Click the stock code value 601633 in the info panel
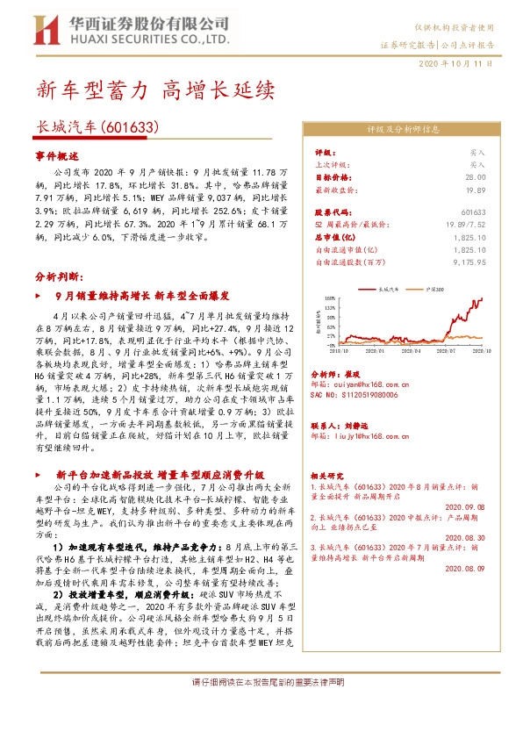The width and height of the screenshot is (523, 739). (473, 212)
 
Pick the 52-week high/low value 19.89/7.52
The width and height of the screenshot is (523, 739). (465, 225)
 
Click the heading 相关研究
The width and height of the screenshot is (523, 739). (329, 473)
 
